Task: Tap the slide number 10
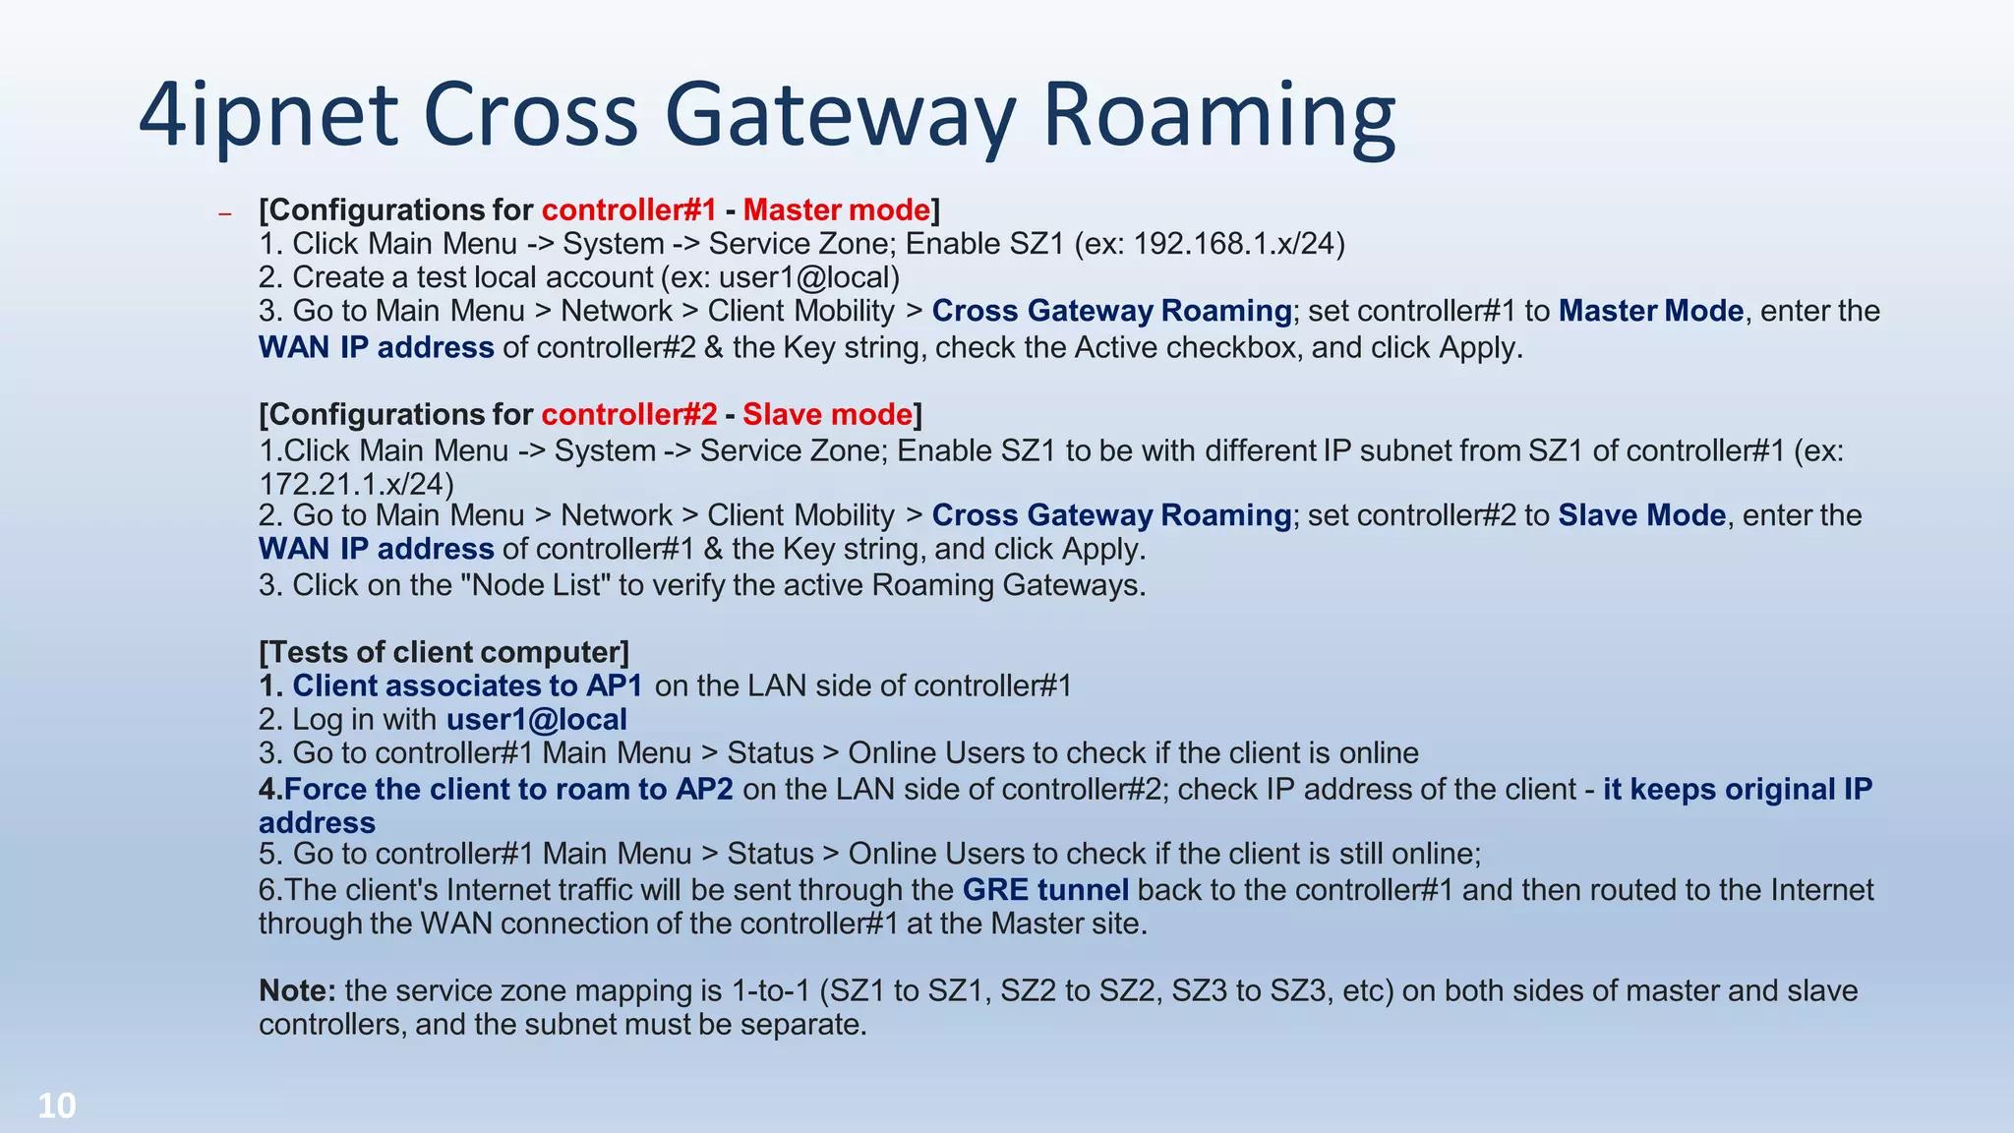[x=57, y=1106]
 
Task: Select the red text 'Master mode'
[x=836, y=209]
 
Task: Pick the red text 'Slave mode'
[x=827, y=414]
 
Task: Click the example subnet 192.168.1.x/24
[x=1238, y=244]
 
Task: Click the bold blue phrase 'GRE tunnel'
[x=1045, y=889]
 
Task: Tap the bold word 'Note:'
[x=297, y=990]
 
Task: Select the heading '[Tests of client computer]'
[x=444, y=652]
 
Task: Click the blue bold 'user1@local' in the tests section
[x=536, y=719]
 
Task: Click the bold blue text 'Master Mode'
[x=1651, y=311]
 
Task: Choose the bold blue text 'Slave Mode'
[x=1641, y=515]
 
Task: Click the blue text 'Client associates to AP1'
[x=467, y=686]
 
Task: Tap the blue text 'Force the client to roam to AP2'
[x=508, y=789]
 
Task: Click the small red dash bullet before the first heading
[x=225, y=213]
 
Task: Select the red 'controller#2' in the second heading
[x=628, y=414]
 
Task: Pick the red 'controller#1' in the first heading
[x=628, y=209]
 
